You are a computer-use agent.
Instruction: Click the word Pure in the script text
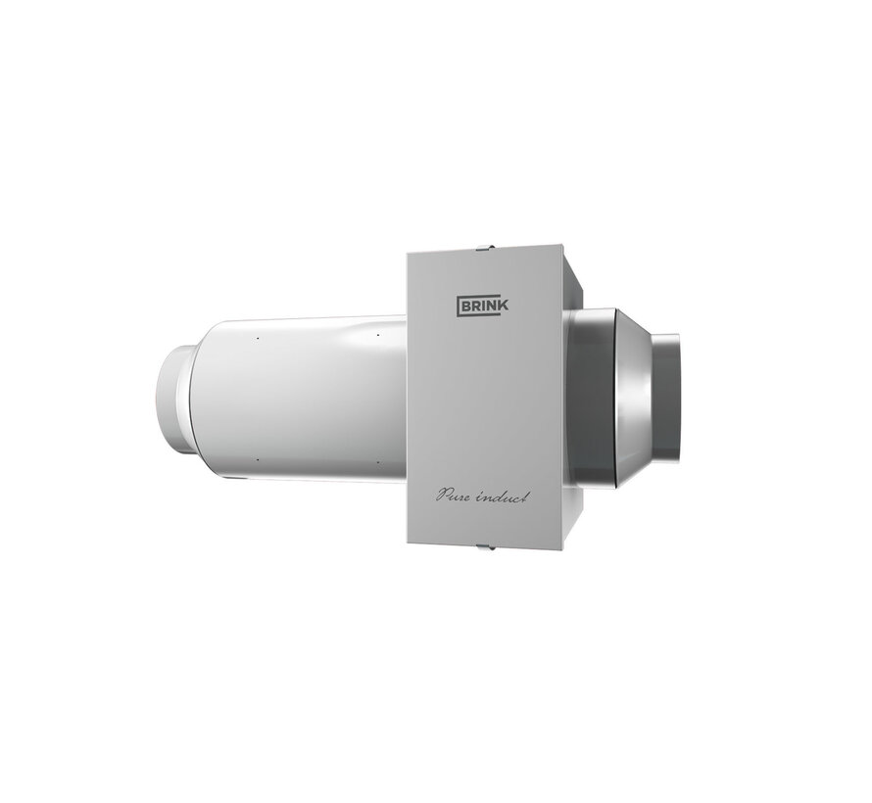(456, 497)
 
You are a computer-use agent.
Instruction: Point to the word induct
(505, 497)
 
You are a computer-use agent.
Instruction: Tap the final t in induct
(526, 496)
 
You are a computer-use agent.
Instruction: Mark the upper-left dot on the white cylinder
(256, 341)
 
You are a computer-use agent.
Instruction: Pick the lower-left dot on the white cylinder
(256, 459)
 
